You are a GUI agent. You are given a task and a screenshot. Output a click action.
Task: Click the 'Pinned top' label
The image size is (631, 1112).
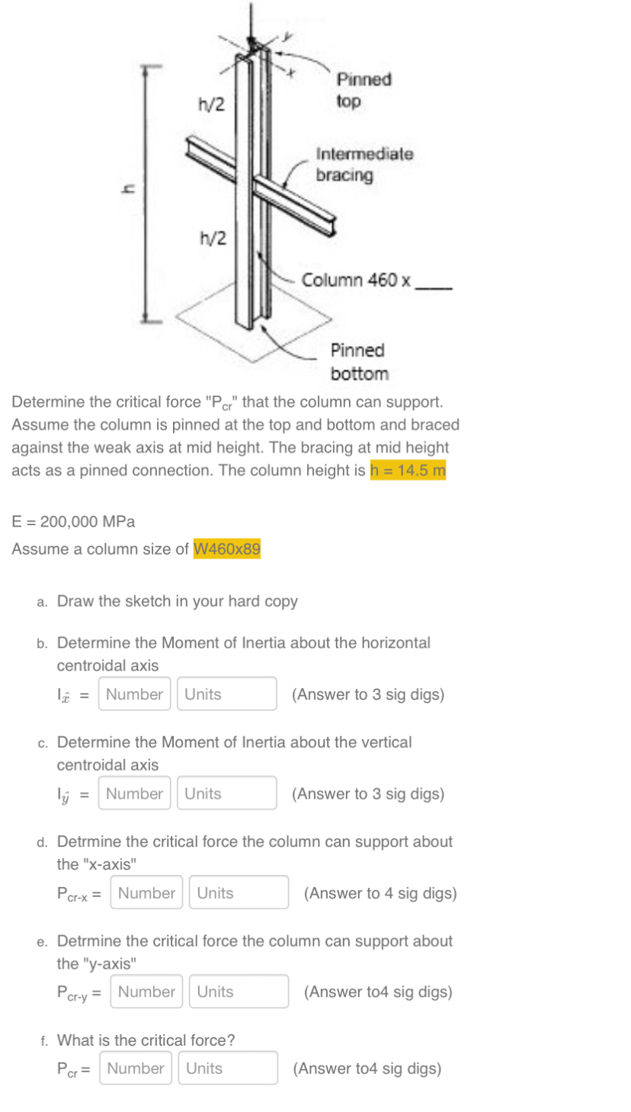pyautogui.click(x=364, y=90)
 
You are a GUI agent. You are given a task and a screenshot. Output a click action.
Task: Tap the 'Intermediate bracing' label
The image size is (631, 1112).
pyautogui.click(x=364, y=164)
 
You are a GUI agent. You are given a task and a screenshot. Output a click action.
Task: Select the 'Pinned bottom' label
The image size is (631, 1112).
pyautogui.click(x=359, y=362)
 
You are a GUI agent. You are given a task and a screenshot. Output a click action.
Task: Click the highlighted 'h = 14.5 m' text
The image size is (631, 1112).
pyautogui.click(x=408, y=470)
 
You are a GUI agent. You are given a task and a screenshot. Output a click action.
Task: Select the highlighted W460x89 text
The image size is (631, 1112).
pyautogui.click(x=227, y=549)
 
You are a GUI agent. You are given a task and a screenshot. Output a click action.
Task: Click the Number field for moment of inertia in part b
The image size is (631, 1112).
pyautogui.click(x=134, y=694)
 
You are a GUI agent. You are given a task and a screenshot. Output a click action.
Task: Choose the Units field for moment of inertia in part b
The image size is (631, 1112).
pyautogui.click(x=226, y=694)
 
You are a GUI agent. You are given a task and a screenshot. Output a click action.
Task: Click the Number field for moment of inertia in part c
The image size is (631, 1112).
pyautogui.click(x=134, y=793)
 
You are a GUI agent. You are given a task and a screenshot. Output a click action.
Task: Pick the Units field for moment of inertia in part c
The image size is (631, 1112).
pyautogui.click(x=226, y=793)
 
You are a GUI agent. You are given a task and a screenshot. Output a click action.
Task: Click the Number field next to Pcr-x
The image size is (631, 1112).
pyautogui.click(x=146, y=892)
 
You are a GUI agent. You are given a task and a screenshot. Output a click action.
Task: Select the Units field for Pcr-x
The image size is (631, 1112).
pyautogui.click(x=239, y=892)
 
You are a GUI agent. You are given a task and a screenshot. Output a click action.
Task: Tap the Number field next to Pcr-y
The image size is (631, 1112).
pyautogui.click(x=146, y=992)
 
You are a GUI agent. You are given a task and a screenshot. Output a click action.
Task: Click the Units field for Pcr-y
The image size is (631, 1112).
pyautogui.click(x=239, y=992)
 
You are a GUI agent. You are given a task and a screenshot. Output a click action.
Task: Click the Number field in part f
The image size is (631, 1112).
pyautogui.click(x=135, y=1069)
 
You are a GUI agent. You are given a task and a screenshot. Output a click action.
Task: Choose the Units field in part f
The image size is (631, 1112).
pyautogui.click(x=227, y=1069)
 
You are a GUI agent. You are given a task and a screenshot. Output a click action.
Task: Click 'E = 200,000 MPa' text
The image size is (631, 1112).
pyautogui.click(x=74, y=522)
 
